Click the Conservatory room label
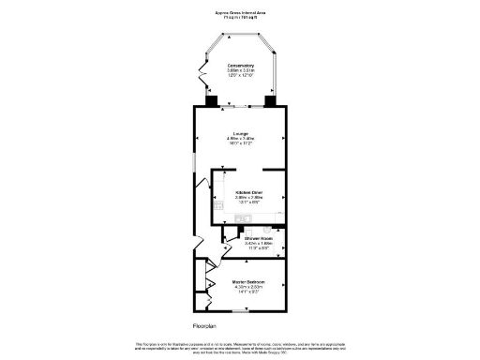pyautogui.click(x=240, y=66)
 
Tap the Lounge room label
pyautogui.click(x=240, y=134)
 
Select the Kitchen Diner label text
pyautogui.click(x=248, y=192)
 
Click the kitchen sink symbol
pyautogui.click(x=243, y=219)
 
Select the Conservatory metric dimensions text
pyautogui.click(x=240, y=71)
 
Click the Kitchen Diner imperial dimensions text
pyautogui.click(x=248, y=203)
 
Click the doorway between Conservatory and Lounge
pyautogui.click(x=240, y=105)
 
